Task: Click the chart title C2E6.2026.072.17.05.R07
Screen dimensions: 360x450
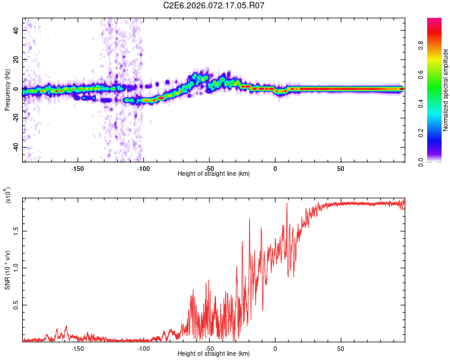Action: pyautogui.click(x=214, y=5)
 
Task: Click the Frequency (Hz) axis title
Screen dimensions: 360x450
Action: pyautogui.click(x=7, y=90)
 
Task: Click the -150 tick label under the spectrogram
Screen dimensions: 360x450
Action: pyautogui.click(x=77, y=169)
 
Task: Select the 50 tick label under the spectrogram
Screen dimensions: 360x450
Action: pyautogui.click(x=340, y=169)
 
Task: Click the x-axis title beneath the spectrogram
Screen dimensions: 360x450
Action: pyautogui.click(x=214, y=174)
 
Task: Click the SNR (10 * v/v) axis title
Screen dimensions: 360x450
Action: pyautogui.click(x=7, y=269)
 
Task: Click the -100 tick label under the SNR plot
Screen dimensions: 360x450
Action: pyautogui.click(x=143, y=349)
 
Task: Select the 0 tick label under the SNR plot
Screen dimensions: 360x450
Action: pyautogui.click(x=275, y=349)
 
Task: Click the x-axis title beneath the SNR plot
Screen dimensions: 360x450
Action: pyautogui.click(x=214, y=354)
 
